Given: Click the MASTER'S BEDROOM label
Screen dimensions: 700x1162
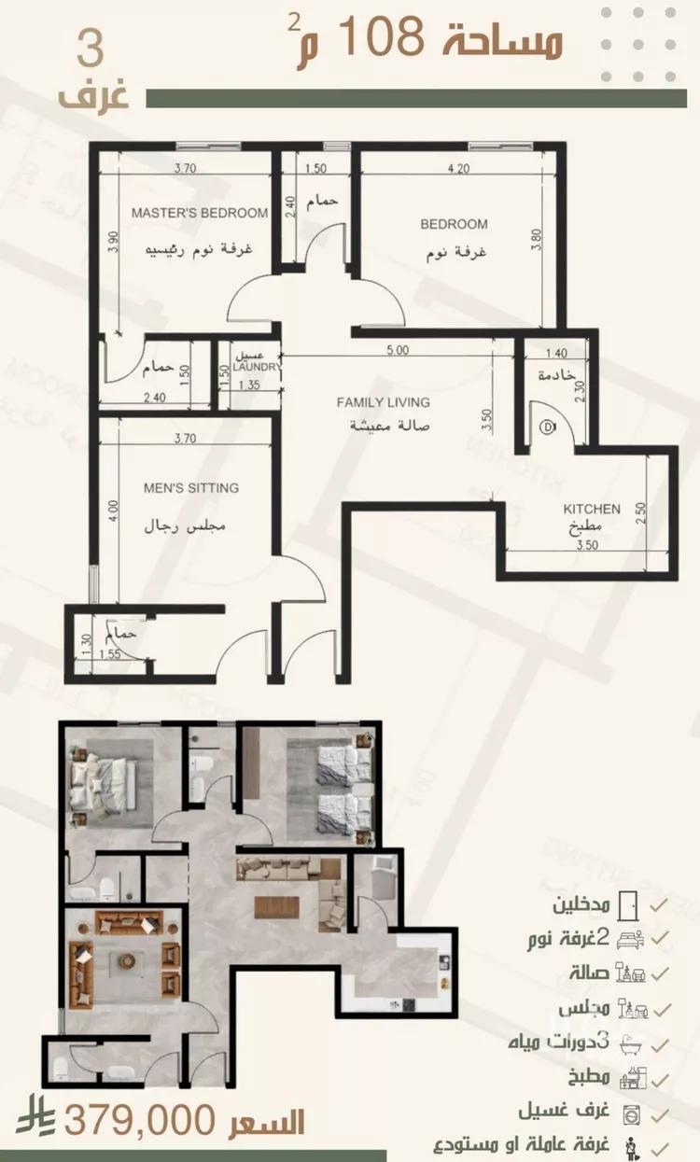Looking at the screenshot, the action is [199, 213].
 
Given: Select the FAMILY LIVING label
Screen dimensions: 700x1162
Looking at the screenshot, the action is [383, 402].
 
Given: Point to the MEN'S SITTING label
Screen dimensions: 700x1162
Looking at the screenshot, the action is [191, 487].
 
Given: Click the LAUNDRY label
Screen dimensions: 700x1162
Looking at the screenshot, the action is [257, 367].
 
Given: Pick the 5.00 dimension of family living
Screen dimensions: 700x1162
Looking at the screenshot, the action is [398, 350].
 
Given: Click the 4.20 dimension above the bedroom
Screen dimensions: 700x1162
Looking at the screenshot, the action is [458, 169].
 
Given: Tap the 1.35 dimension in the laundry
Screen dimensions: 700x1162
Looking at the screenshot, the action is [249, 385].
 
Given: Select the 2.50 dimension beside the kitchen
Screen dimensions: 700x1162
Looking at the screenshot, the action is [641, 512].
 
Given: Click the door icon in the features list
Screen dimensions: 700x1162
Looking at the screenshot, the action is [628, 905].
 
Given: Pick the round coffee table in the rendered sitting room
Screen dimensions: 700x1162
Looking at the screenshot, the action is [127, 960].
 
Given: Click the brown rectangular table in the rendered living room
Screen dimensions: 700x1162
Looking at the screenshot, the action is [276, 907].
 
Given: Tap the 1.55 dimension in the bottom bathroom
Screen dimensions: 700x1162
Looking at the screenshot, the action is [110, 653].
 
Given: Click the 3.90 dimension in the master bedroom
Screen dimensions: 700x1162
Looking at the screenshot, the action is [113, 242].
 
